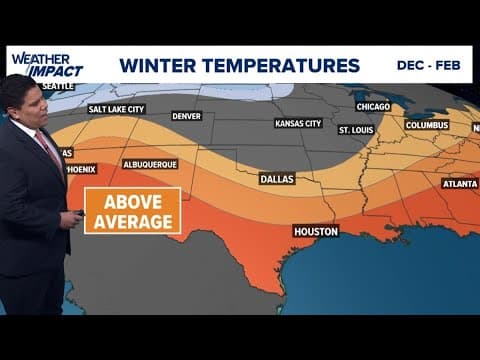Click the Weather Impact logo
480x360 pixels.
47,64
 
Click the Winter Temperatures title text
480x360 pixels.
239,66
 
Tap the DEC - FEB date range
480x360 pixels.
428,63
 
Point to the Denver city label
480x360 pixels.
186,115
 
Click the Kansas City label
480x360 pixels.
298,124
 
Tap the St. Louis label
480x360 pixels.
356,130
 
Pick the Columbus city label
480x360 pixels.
426,125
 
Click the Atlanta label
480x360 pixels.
460,183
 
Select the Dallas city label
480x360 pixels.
276,179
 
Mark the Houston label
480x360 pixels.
315,231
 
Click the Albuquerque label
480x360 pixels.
149,163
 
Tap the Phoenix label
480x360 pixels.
80,170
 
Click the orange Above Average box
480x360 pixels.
132,210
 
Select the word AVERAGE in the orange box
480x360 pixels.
132,221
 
